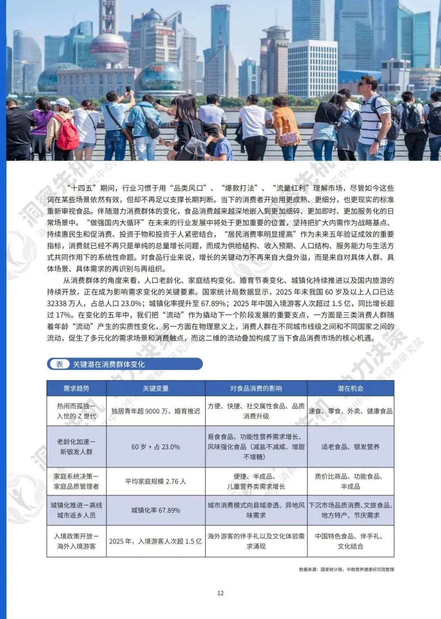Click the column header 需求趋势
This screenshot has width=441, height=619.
(76, 389)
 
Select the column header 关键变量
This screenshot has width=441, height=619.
(156, 389)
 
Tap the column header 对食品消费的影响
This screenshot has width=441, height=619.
(256, 389)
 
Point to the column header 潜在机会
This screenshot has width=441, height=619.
(350, 389)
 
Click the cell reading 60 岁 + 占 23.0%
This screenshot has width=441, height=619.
(156, 447)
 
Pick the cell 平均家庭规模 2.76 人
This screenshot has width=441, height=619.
(156, 482)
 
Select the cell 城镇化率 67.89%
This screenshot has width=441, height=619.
(156, 510)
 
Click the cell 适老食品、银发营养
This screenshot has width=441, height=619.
(350, 447)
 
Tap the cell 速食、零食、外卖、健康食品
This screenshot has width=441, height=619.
(350, 411)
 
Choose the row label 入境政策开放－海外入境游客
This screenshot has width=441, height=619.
(76, 541)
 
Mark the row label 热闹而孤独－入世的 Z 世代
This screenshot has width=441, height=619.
(76, 411)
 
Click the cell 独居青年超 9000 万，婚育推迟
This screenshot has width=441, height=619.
(156, 411)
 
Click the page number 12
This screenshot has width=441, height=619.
(220, 593)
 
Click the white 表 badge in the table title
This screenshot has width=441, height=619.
(60, 364)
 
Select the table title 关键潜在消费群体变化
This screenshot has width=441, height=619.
(109, 364)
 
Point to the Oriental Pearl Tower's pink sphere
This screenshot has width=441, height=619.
(109, 46)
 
